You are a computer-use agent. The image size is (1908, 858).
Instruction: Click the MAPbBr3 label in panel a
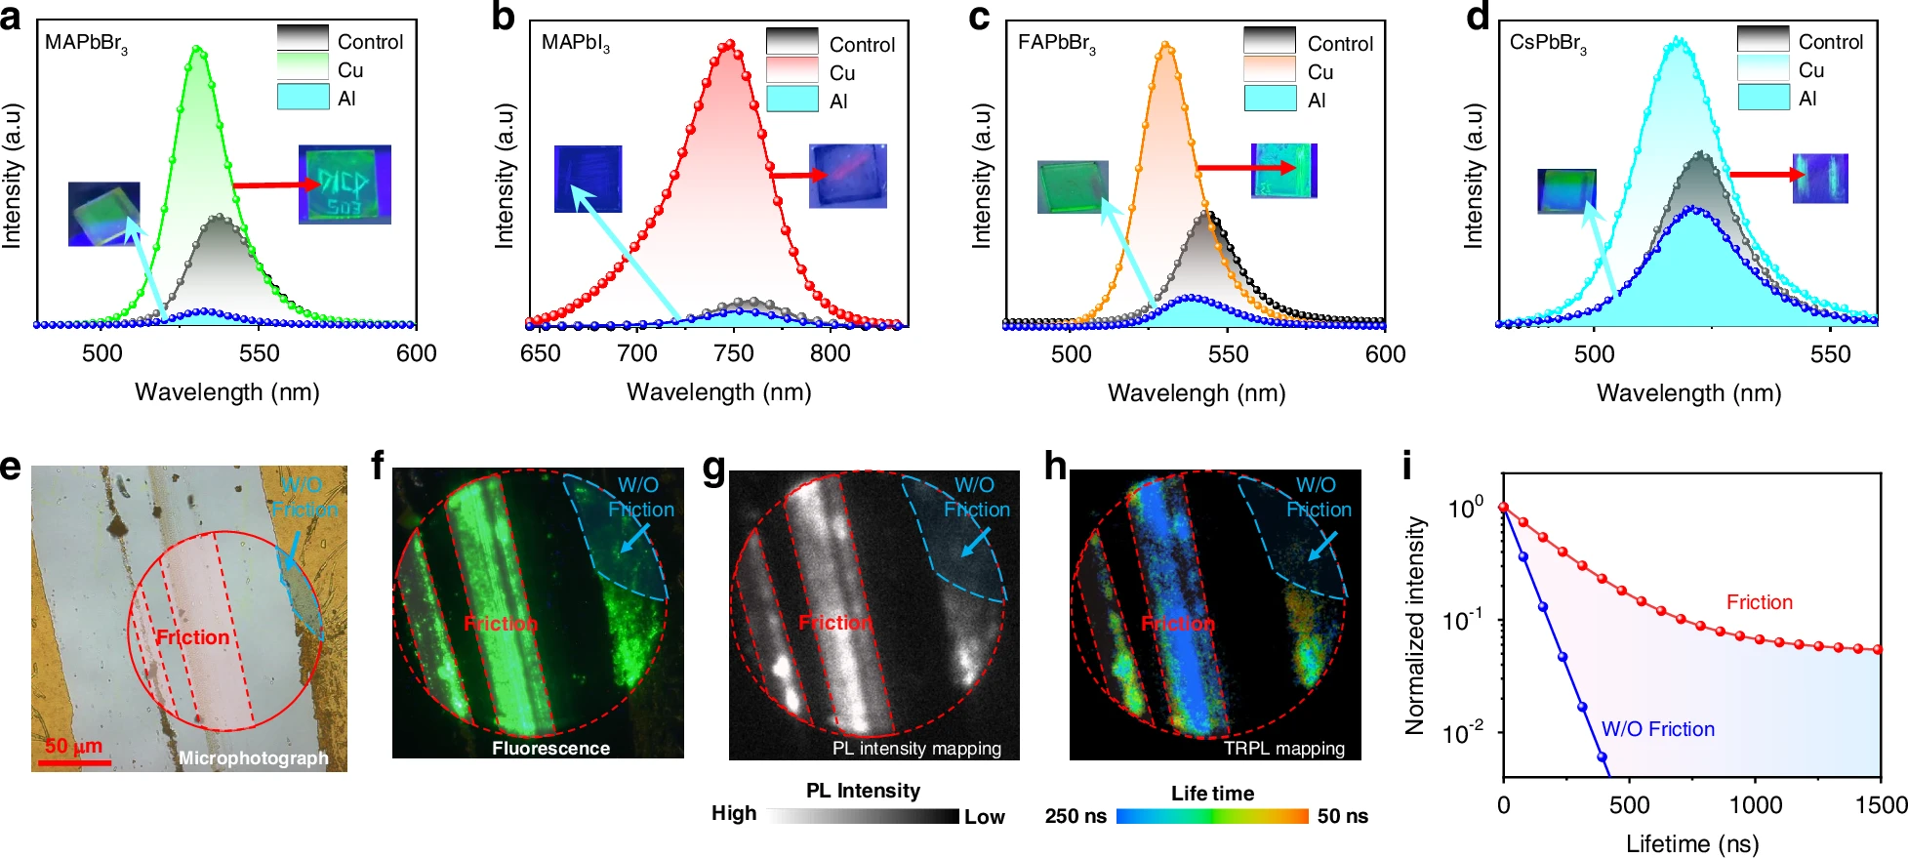click(x=86, y=44)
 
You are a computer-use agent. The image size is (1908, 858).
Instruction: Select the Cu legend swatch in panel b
click(x=792, y=71)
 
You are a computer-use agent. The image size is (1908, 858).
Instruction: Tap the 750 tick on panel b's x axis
click(x=734, y=352)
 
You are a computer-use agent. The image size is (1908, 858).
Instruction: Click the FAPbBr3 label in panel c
click(x=1056, y=44)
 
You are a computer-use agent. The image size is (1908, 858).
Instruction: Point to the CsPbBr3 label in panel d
click(x=1548, y=44)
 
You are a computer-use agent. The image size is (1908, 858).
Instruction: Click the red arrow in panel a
click(x=269, y=184)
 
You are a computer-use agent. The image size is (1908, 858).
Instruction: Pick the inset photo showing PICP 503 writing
click(x=345, y=184)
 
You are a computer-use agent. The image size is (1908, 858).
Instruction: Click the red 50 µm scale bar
click(x=74, y=760)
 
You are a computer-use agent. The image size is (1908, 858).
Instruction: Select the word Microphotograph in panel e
click(x=253, y=758)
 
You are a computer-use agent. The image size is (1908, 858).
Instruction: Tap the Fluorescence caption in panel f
click(x=550, y=749)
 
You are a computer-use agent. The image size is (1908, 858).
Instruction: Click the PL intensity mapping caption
click(x=916, y=749)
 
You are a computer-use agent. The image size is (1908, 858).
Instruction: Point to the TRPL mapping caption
click(x=1284, y=749)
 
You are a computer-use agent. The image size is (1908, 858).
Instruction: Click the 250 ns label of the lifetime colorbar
click(x=1076, y=816)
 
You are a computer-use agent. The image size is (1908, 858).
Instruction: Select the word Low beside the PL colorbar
click(x=985, y=817)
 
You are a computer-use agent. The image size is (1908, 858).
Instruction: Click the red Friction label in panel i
click(x=1759, y=602)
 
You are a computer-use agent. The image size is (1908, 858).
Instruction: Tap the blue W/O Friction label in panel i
click(x=1657, y=729)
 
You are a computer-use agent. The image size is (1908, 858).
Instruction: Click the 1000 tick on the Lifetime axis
click(x=1755, y=805)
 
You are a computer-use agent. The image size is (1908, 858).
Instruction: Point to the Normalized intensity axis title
click(x=1414, y=625)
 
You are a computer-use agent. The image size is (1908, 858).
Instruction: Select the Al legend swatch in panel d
click(x=1763, y=98)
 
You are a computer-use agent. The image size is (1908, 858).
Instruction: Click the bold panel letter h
click(x=1055, y=468)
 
